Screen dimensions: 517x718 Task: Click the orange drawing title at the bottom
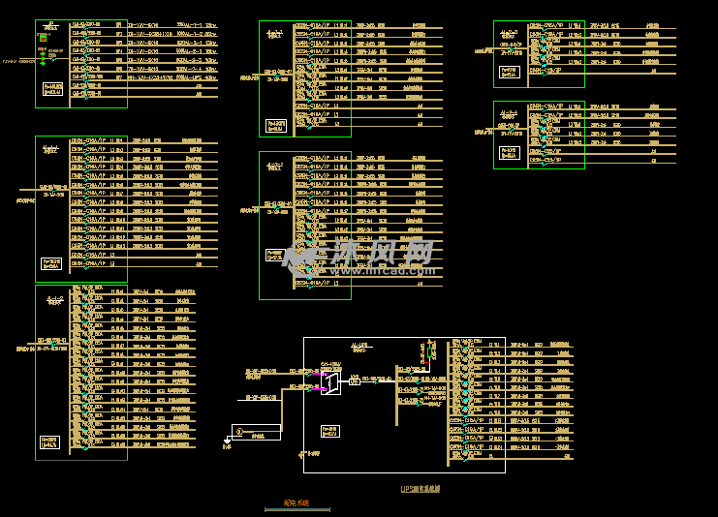(296, 503)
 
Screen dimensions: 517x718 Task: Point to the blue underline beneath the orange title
(297, 509)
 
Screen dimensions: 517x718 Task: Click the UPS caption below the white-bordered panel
(421, 489)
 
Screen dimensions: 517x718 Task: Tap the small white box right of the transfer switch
(355, 381)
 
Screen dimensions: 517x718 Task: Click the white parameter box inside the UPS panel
(330, 431)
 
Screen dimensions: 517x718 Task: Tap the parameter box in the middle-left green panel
(51, 262)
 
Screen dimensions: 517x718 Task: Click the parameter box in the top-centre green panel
(276, 125)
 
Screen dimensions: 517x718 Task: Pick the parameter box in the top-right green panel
(509, 72)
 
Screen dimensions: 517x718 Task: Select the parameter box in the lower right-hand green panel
(509, 152)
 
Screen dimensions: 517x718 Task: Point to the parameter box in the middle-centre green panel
(275, 256)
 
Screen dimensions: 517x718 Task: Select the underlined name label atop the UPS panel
(360, 346)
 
